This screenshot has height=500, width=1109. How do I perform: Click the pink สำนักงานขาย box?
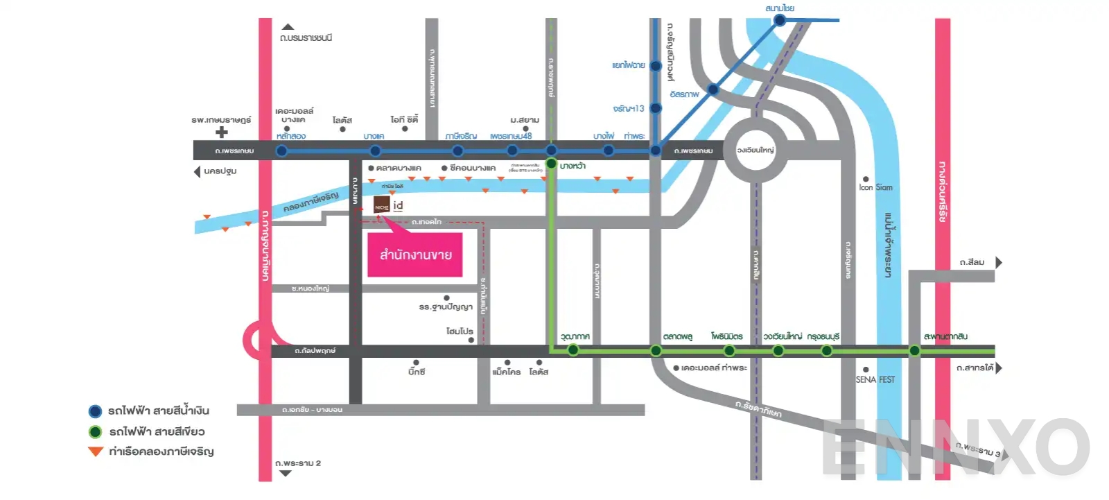point(414,255)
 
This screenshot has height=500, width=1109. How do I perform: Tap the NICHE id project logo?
point(382,205)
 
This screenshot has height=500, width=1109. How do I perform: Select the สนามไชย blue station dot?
point(780,20)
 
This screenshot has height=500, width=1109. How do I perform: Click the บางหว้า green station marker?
point(552,164)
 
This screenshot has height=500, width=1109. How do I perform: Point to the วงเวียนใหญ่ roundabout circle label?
point(755,150)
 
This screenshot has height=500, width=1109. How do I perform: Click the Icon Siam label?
point(875,187)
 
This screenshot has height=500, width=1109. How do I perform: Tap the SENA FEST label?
point(875,379)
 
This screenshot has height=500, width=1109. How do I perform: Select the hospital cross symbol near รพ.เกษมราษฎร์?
point(221,132)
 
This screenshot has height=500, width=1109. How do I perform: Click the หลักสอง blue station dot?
point(282,150)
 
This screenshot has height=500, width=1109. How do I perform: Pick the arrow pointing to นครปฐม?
point(197,171)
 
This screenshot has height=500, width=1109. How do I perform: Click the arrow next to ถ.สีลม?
point(999,262)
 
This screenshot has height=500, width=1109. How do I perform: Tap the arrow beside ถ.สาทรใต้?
point(999,368)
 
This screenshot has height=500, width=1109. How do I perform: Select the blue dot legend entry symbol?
point(96,411)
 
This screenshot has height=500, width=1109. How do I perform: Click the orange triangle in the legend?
point(96,452)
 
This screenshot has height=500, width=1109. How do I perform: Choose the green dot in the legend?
point(96,432)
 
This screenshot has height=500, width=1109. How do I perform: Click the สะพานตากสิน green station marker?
point(914,350)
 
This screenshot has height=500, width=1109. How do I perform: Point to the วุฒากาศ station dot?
point(573,350)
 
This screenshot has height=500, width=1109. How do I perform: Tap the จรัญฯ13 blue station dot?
point(656,108)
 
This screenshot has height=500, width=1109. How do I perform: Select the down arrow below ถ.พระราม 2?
point(286,474)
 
